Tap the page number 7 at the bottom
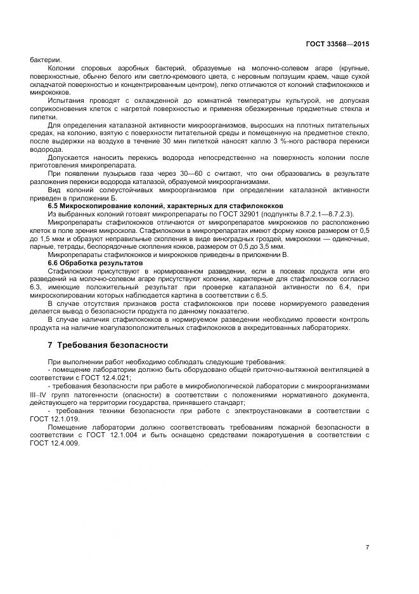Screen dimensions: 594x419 pos(367,548)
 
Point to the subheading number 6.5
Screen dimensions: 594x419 pos(55,206)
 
